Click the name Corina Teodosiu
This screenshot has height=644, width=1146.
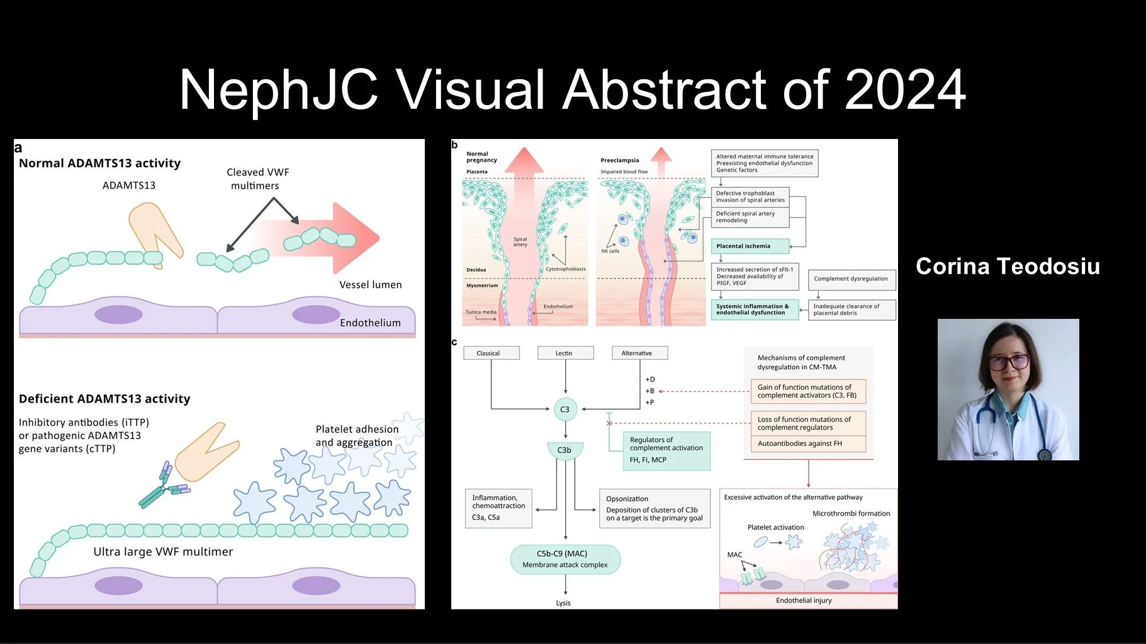1008,266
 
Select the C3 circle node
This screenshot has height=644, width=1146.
565,409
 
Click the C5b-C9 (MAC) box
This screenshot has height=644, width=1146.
565,559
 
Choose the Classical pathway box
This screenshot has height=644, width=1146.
491,353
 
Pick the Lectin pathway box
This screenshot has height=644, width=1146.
565,353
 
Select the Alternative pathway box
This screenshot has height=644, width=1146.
639,353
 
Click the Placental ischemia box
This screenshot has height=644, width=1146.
750,246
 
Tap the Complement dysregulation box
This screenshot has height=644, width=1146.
851,279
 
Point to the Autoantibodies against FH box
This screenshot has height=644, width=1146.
808,443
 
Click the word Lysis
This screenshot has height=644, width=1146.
563,603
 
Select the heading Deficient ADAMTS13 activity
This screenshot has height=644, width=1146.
104,399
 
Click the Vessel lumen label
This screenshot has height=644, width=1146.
370,285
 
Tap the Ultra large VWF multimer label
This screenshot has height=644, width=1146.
163,552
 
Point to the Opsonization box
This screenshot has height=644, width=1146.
654,508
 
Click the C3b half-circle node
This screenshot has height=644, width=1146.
565,450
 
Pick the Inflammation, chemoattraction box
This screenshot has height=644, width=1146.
498,508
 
